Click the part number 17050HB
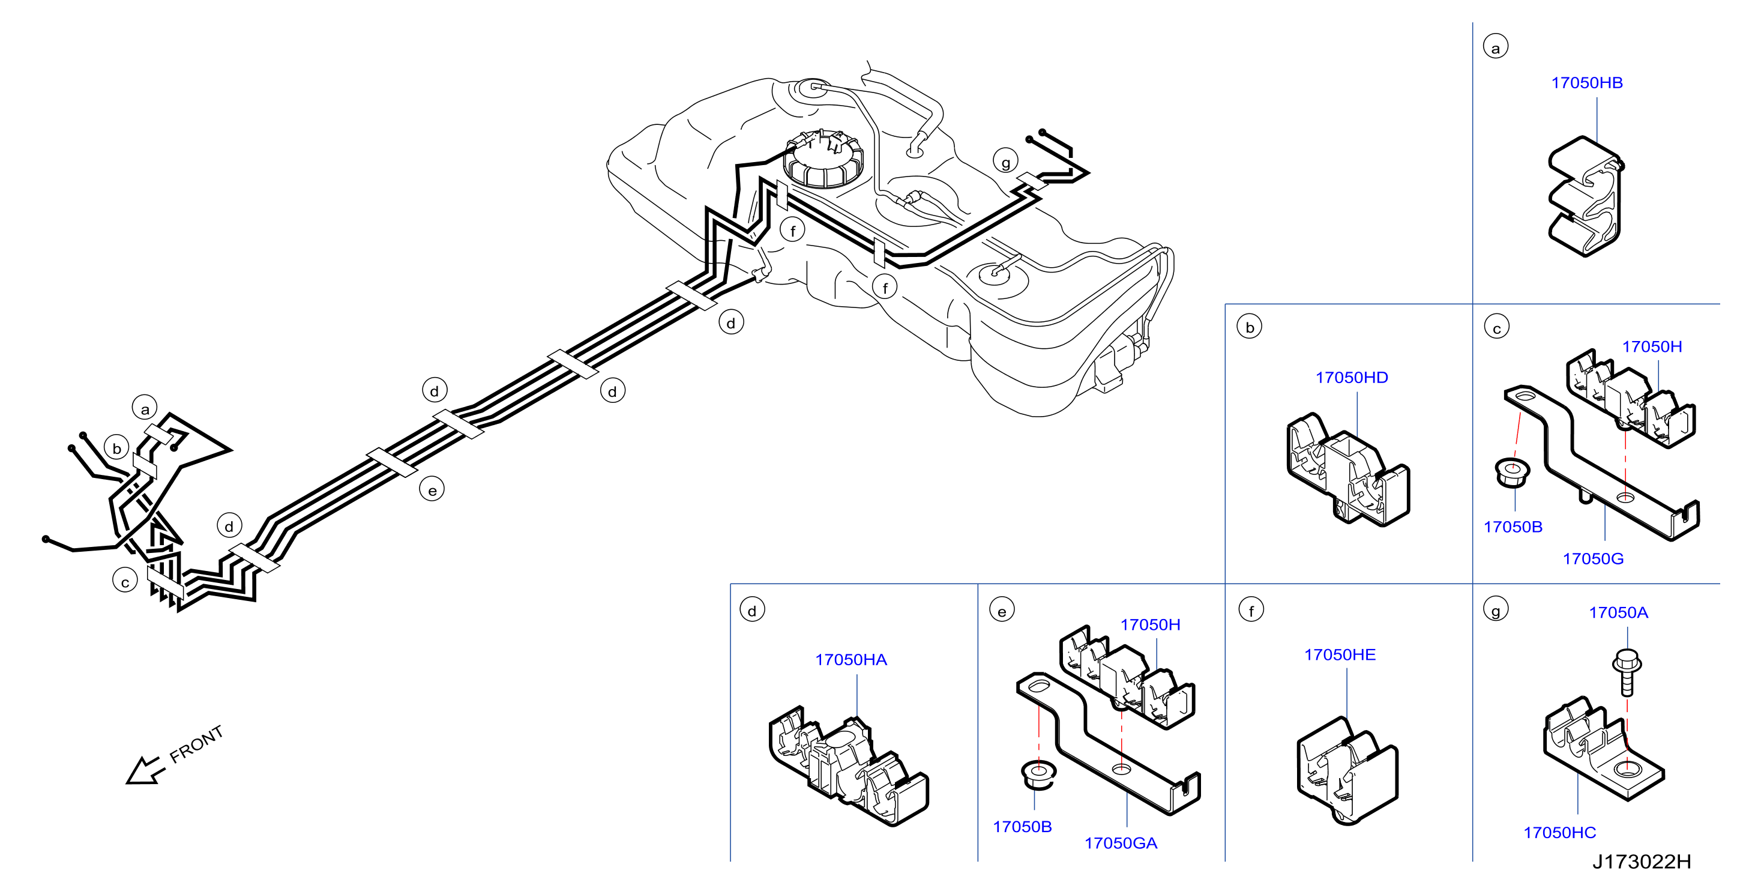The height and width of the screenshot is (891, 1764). tap(1587, 83)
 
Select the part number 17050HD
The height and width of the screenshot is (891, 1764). tap(1351, 378)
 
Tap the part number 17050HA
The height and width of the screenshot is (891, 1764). tap(850, 659)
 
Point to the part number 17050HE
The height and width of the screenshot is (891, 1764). tap(1340, 654)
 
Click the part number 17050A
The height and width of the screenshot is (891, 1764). tap(1618, 612)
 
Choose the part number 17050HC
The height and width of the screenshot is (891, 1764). tap(1559, 832)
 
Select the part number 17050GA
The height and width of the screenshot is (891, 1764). tap(1121, 843)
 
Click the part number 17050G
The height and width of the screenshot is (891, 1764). tap(1593, 559)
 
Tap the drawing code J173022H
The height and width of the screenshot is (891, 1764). tap(1642, 862)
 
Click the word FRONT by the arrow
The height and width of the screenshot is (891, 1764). tap(196, 744)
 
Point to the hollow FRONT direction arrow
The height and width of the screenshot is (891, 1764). tap(145, 770)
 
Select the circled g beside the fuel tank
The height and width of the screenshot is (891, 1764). tap(1005, 162)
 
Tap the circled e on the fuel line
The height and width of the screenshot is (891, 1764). tap(432, 490)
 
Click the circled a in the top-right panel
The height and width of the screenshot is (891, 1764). tap(1495, 47)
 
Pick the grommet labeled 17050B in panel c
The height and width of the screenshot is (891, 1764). tap(1512, 473)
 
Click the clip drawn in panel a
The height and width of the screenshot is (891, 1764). tap(1585, 196)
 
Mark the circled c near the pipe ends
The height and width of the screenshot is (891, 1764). tap(125, 581)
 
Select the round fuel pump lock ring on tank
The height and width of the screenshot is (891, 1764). tap(824, 159)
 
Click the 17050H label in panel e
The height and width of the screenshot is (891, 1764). tap(1150, 624)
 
